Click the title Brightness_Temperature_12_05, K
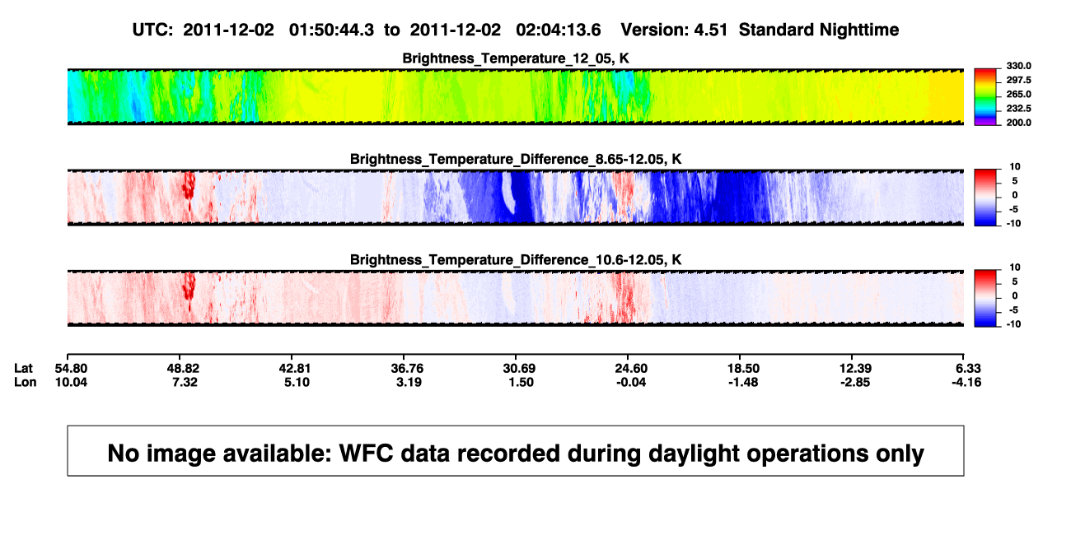(516, 58)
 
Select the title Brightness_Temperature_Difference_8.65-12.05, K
(516, 159)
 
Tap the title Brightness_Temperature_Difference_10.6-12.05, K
(516, 260)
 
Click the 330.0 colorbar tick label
(1018, 66)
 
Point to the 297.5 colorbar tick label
(1018, 81)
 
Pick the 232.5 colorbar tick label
(1018, 109)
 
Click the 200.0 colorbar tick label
(1018, 123)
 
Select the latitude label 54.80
(71, 369)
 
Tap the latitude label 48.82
(183, 369)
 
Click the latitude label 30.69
(519, 369)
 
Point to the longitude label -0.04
(631, 382)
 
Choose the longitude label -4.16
(966, 382)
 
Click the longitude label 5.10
(297, 382)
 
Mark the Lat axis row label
(23, 369)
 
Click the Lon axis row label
(26, 382)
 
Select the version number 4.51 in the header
(711, 30)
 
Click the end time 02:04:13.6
(559, 30)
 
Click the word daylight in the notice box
(693, 454)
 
